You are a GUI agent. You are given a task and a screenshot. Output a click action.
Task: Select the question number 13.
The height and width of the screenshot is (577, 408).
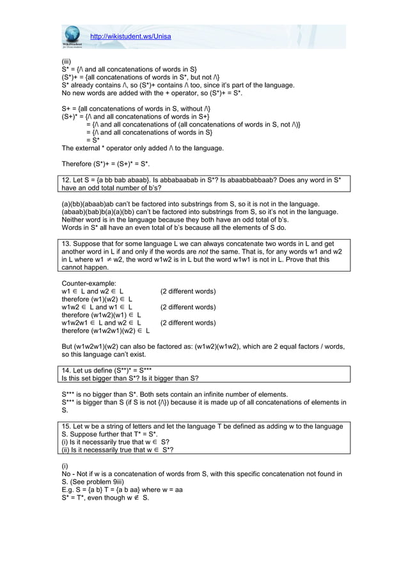(65, 245)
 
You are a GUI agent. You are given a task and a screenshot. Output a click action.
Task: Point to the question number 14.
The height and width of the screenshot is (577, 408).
(65, 371)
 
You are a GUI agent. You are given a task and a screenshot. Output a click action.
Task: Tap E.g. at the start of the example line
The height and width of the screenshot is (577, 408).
(68, 489)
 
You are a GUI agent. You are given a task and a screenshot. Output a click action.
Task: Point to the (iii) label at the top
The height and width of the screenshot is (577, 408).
(66, 61)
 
